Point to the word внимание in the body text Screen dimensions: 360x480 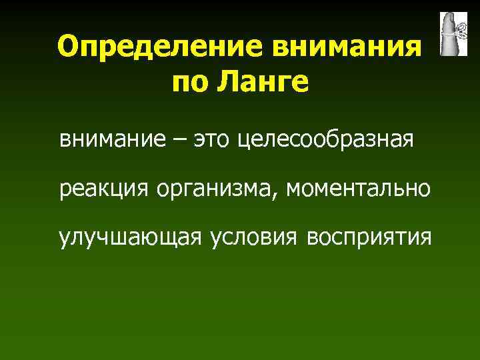[117, 141]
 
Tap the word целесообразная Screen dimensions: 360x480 [325, 141]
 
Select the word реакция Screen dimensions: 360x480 [104, 189]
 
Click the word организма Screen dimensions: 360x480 [217, 189]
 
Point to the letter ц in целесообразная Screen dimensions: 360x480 [243, 142]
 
